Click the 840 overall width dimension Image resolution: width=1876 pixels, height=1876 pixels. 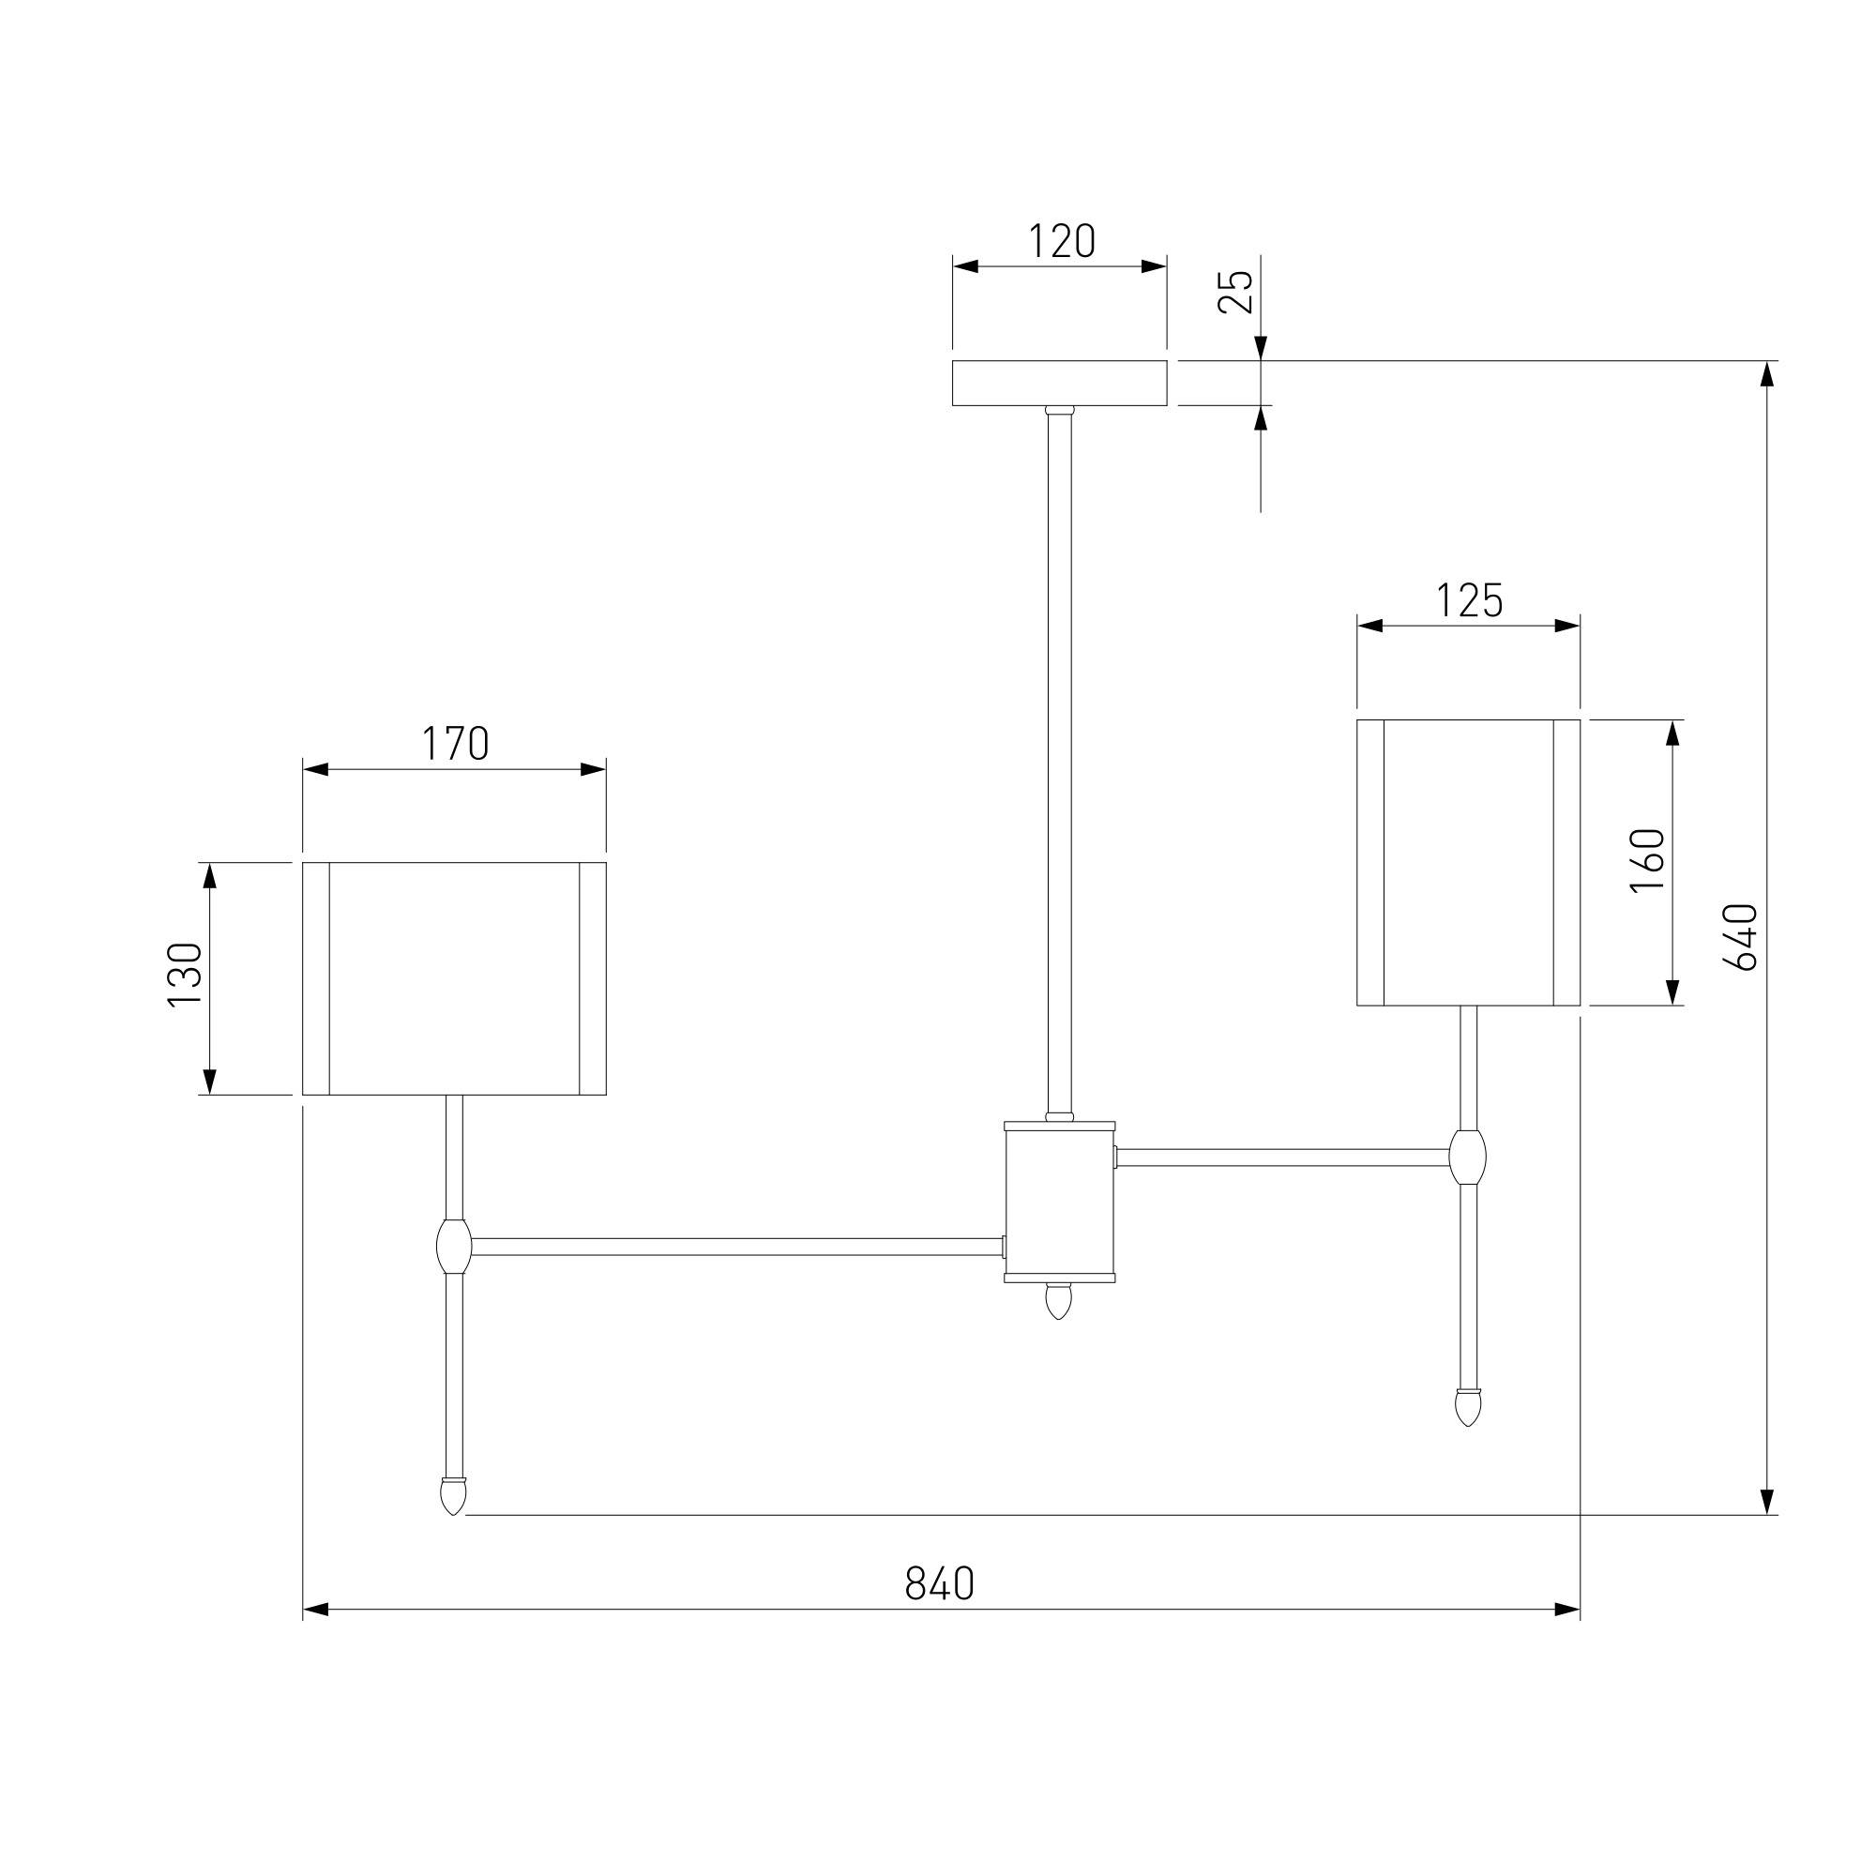[x=939, y=1582]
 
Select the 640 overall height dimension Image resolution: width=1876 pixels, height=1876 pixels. [x=1740, y=937]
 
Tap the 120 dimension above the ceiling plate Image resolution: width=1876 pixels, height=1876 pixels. [x=1060, y=242]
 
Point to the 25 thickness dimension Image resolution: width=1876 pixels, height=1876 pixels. [x=1236, y=291]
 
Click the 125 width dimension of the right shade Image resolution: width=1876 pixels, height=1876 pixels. [x=1468, y=601]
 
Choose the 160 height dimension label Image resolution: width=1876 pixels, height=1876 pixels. [x=1649, y=861]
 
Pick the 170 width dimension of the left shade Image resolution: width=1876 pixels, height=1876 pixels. [x=454, y=744]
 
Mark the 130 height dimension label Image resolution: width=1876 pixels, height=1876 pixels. [x=186, y=976]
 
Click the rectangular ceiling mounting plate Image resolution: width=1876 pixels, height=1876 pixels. [x=1059, y=384]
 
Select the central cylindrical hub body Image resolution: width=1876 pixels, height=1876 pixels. [x=1059, y=1202]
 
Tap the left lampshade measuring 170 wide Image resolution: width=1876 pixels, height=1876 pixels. [x=454, y=977]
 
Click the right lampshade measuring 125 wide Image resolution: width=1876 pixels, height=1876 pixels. [x=1468, y=862]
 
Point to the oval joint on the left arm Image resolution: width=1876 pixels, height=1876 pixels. [x=453, y=1248]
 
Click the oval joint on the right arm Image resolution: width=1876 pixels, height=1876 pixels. [x=1467, y=1157]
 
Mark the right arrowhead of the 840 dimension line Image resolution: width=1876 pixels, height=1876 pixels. [x=1566, y=1610]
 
